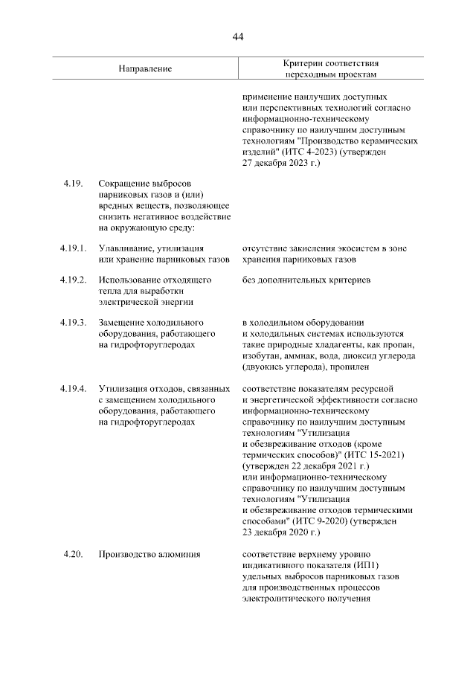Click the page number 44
click(x=238, y=36)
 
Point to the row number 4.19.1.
click(x=75, y=248)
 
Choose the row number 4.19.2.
click(x=75, y=280)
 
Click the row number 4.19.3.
click(x=75, y=323)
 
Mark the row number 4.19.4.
click(x=75, y=389)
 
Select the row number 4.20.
click(x=71, y=553)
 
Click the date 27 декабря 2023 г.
click(x=281, y=162)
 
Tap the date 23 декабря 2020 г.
click(x=281, y=532)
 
